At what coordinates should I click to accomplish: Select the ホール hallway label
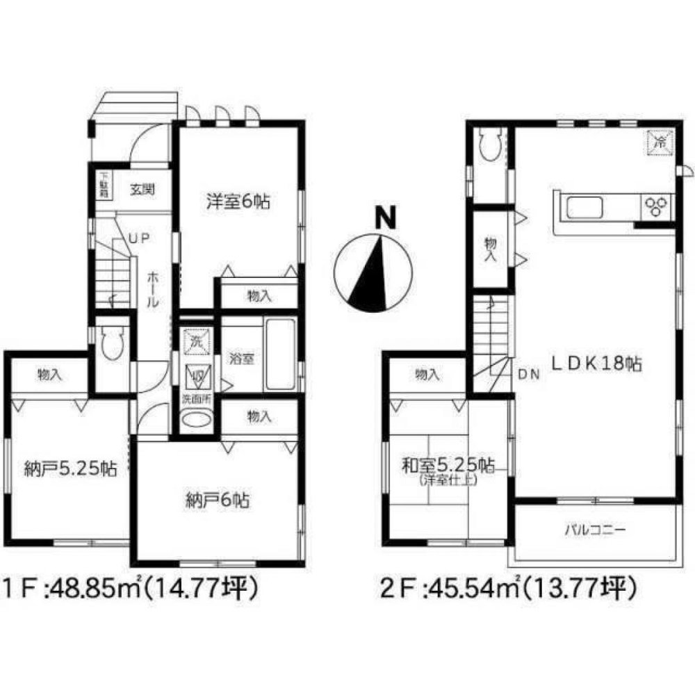[153, 290]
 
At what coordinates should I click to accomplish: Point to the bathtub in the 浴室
[280, 354]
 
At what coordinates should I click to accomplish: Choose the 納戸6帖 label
[218, 498]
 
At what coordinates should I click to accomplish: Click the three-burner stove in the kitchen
[656, 204]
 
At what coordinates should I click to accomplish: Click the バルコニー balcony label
[594, 530]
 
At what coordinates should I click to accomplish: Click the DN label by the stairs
[529, 375]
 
